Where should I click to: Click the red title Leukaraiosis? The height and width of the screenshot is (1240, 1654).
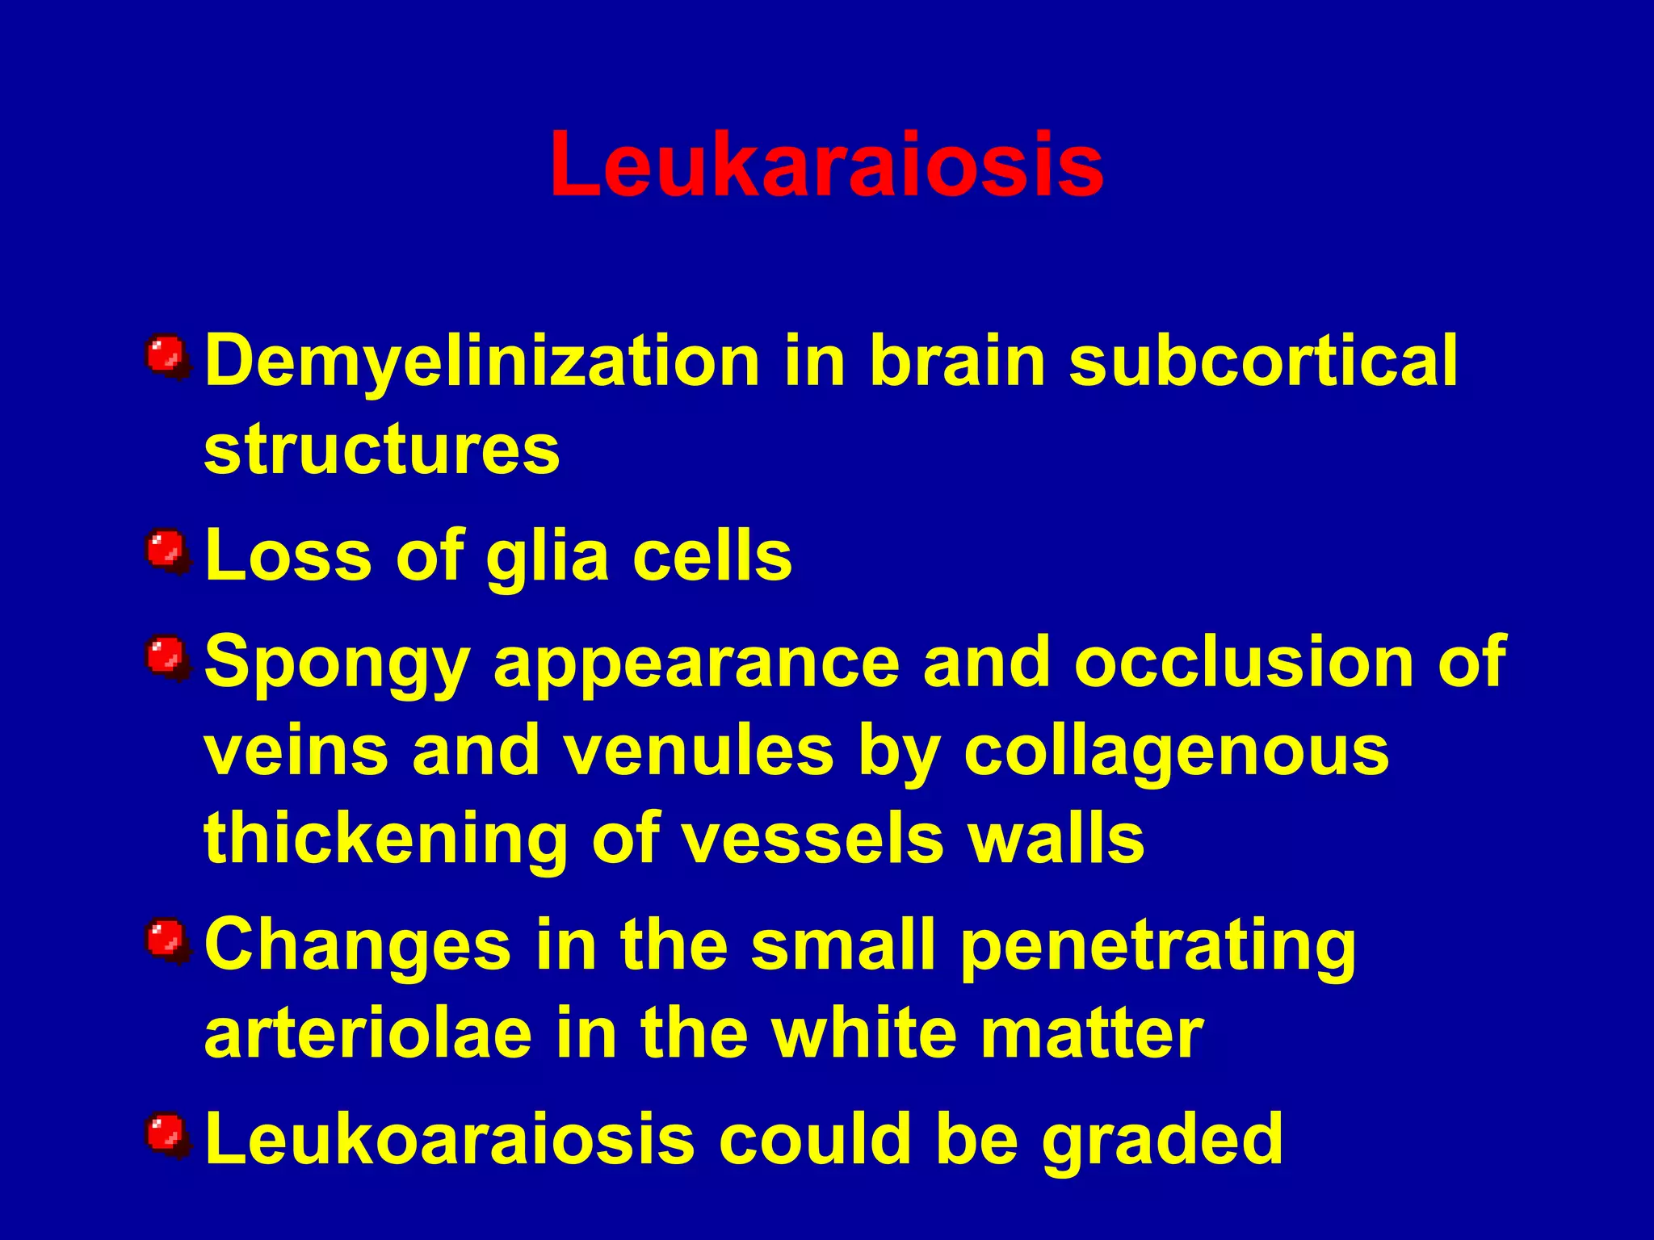[826, 165]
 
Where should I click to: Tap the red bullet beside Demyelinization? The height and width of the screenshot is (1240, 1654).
[167, 356]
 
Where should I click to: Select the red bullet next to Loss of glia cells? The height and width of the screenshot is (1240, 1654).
[167, 551]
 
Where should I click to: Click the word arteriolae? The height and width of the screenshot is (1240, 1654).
[368, 1034]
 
